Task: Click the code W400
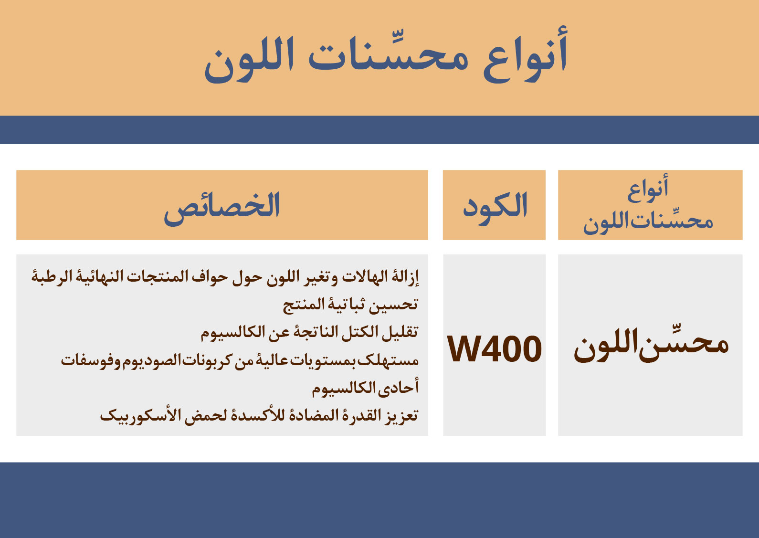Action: pos(495,348)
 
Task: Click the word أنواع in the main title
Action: pos(526,55)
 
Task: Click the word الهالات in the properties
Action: pos(365,277)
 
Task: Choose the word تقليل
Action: pos(400,332)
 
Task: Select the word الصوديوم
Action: pos(152,360)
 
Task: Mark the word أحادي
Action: pos(399,387)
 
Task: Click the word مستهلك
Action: pos(388,360)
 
